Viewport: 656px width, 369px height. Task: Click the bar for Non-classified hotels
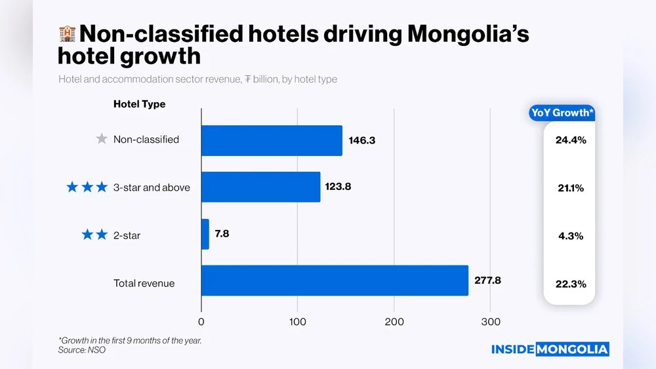click(272, 140)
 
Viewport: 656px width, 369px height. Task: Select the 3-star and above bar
click(260, 187)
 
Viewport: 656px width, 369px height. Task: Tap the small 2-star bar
click(205, 234)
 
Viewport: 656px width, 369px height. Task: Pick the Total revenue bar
click(335, 281)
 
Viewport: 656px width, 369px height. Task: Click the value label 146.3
click(362, 140)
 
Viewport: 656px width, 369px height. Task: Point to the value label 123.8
click(338, 187)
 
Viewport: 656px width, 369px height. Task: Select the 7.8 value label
click(224, 234)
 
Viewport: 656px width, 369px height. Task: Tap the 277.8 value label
click(487, 281)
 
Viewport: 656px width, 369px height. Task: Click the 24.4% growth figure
click(570, 140)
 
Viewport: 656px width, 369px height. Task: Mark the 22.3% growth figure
click(570, 284)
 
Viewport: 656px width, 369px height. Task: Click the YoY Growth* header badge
click(562, 113)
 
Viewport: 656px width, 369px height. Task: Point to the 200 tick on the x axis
click(394, 322)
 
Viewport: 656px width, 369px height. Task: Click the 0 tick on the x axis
click(201, 322)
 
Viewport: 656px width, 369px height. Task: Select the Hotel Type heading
click(139, 104)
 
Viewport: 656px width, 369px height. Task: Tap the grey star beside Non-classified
click(101, 139)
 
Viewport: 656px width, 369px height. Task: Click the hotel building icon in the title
click(67, 34)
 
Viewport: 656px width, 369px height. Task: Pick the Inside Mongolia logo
click(550, 349)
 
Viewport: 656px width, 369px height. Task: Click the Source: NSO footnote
click(82, 350)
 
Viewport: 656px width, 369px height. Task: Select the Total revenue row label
click(144, 283)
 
